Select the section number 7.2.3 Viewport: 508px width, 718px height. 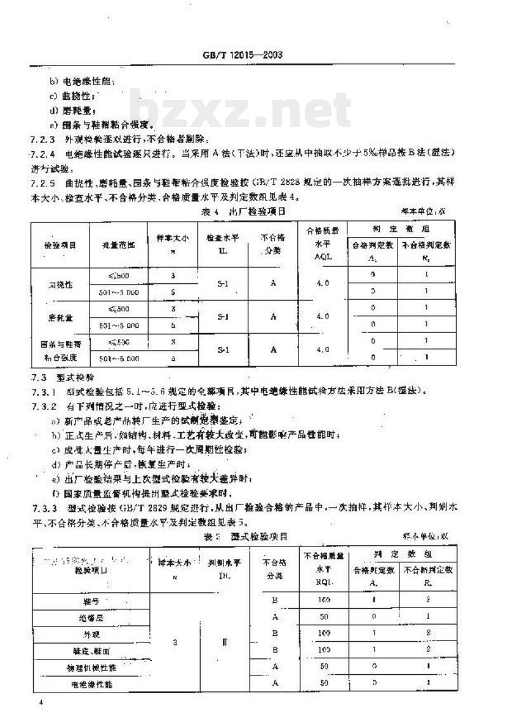click(x=41, y=139)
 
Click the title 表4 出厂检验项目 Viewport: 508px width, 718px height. click(x=244, y=210)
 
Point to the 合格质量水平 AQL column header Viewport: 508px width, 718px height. click(x=323, y=245)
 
